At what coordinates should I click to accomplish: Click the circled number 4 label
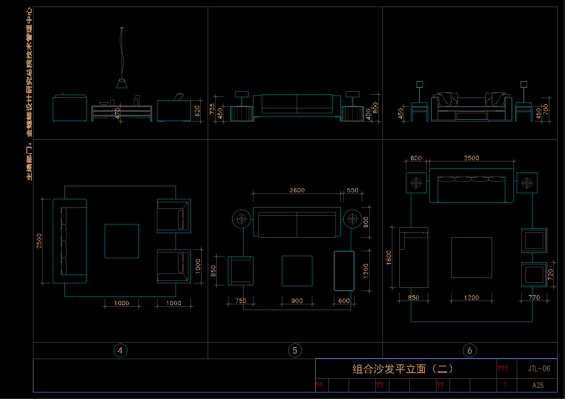pos(120,350)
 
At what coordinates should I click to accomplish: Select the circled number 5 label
pos(295,350)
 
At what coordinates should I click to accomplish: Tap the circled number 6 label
pos(469,350)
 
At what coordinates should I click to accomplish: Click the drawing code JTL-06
pos(539,369)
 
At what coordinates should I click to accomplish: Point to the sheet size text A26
pos(538,385)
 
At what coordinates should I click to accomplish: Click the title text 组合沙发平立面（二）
pos(403,369)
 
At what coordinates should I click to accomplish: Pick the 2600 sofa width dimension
pos(297,190)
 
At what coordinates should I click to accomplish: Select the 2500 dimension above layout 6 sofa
pos(471,158)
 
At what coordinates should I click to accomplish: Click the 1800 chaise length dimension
pos(389,258)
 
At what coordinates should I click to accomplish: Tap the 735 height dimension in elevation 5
pos(212,109)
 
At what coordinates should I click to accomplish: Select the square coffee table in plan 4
pos(122,241)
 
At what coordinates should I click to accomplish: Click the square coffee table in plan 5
pos(297,271)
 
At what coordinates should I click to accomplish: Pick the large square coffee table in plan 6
pos(471,257)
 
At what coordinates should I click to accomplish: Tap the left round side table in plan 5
pos(241,219)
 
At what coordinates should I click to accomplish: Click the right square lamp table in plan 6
pos(527,182)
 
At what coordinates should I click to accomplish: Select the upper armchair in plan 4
pos(173,216)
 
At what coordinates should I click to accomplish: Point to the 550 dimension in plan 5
pos(352,190)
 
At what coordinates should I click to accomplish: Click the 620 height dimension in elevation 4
pos(197,111)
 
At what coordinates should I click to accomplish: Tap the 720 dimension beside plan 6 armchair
pos(551,274)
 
